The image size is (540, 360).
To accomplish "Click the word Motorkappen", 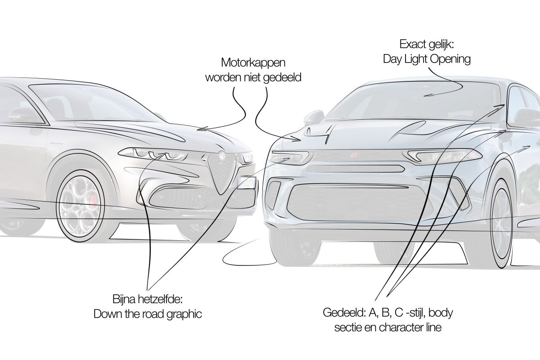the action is coord(253,63).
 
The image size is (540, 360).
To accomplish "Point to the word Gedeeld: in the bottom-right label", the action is coord(344,313).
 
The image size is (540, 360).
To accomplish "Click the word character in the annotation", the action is coord(399,328).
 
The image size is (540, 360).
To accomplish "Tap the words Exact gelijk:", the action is coord(427,45).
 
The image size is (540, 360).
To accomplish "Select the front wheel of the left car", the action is coord(80,206).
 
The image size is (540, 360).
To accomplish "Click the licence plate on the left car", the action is coord(247,183).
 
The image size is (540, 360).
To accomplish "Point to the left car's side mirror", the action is coord(22,115).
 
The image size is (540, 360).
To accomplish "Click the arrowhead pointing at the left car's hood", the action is coord(201,129).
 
